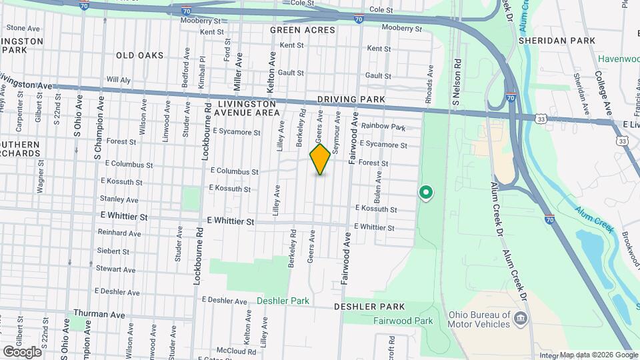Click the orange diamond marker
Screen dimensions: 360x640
(320, 159)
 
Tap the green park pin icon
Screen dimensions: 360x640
(425, 193)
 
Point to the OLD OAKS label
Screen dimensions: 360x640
(139, 55)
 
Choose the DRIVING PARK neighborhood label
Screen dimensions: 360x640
(351, 99)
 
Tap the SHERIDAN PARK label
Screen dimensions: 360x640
(570, 41)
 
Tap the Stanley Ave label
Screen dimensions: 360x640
(119, 199)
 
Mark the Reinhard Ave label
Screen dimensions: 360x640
(119, 234)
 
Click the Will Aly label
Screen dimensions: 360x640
(118, 80)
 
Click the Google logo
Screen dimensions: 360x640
(22, 351)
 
